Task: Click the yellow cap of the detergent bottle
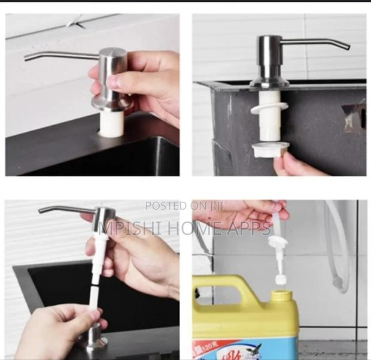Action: point(281,296)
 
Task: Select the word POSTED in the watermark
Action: point(166,206)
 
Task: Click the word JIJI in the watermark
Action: point(215,206)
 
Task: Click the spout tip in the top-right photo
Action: point(348,47)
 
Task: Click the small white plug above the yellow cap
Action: point(278,279)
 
